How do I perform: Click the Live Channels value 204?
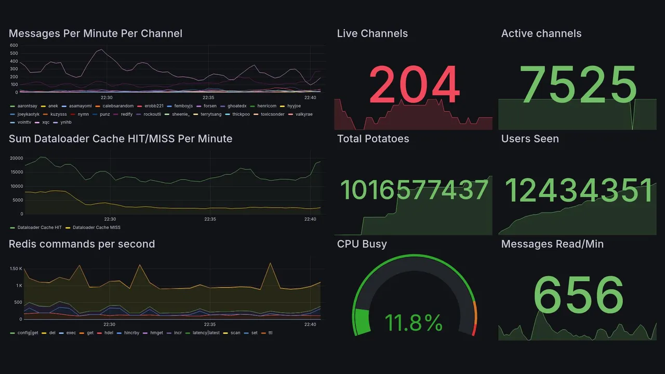coord(414,85)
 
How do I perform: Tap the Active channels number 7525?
coord(578,85)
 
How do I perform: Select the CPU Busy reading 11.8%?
coord(414,323)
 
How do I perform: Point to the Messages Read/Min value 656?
coord(578,295)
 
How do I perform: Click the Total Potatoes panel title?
coord(373,139)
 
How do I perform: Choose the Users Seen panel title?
coord(530,139)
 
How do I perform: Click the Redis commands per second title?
coord(82,244)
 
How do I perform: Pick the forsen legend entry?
coord(210,106)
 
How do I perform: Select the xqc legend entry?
coord(46,123)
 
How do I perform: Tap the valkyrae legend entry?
coord(304,114)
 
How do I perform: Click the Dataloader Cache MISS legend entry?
coord(96,228)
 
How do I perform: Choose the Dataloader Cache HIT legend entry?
coord(39,228)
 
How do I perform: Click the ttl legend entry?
coord(270,333)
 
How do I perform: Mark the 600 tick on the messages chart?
coord(14,45)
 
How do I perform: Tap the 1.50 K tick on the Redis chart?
coord(16,269)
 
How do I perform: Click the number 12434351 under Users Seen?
coord(578,191)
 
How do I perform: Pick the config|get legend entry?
coord(28,333)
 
